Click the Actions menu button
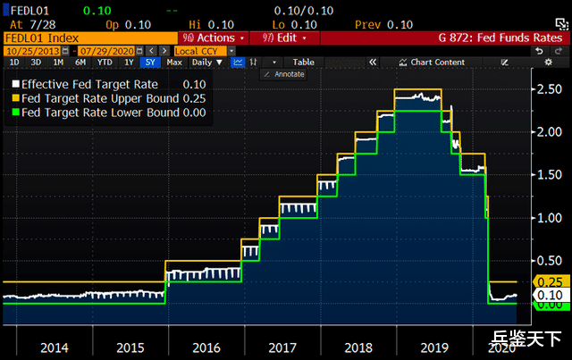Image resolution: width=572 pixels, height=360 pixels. [214, 38]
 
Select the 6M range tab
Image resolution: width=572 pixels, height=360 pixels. [81, 63]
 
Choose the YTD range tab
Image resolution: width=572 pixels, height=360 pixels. [105, 63]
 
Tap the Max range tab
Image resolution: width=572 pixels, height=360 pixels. [174, 63]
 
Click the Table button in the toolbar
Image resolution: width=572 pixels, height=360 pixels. [304, 63]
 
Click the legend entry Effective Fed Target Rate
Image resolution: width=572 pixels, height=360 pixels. [85, 83]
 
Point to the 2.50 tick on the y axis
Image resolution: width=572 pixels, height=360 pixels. [548, 88]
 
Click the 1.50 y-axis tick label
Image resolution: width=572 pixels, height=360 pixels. [548, 175]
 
